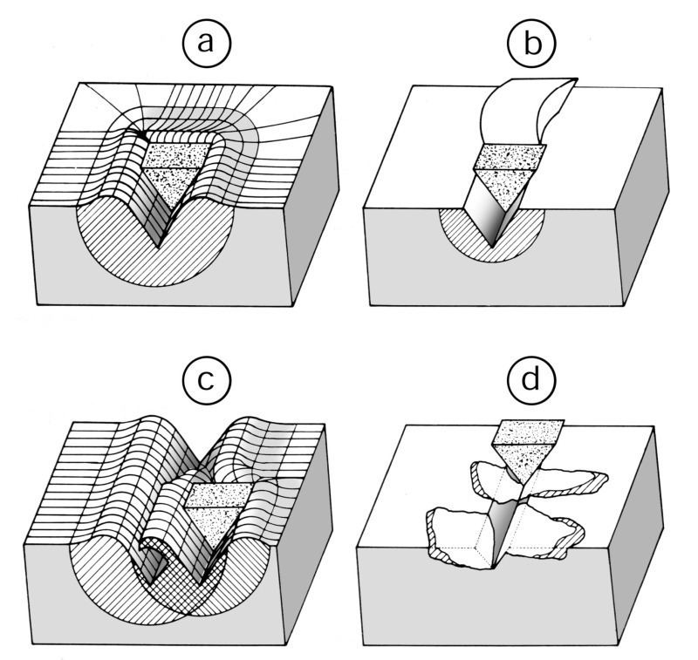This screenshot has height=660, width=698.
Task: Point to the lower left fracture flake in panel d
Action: tap(458, 532)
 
